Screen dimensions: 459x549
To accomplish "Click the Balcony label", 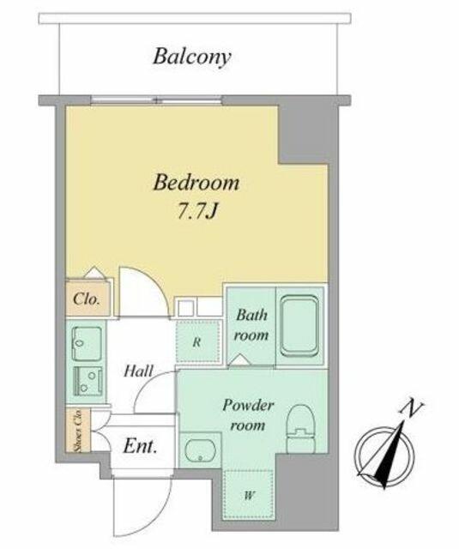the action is tap(192, 57).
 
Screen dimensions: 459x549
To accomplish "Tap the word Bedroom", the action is tap(196, 183).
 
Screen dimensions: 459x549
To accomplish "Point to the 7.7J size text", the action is tap(197, 211).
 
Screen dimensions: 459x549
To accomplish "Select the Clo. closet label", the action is tap(87, 299).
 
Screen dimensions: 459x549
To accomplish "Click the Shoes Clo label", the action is tap(78, 431).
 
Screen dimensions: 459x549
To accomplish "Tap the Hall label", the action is tap(139, 371).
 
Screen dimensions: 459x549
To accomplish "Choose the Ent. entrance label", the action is tap(140, 446).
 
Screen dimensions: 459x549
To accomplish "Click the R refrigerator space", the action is tap(198, 341).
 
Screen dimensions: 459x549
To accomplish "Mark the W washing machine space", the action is tap(249, 495).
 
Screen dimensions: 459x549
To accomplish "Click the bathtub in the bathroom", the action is tap(300, 325).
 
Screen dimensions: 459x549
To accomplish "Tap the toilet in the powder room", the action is tap(301, 429).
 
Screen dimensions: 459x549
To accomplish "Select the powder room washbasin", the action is tap(200, 450).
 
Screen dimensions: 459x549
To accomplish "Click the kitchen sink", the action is tap(87, 343).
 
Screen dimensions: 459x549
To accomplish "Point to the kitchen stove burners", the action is tap(88, 381).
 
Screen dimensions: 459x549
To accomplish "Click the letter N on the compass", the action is tap(412, 409).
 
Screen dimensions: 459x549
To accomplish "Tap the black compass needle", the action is tap(391, 455).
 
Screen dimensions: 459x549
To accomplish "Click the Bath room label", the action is tap(251, 325).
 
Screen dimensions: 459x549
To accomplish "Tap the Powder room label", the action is tap(248, 415).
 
